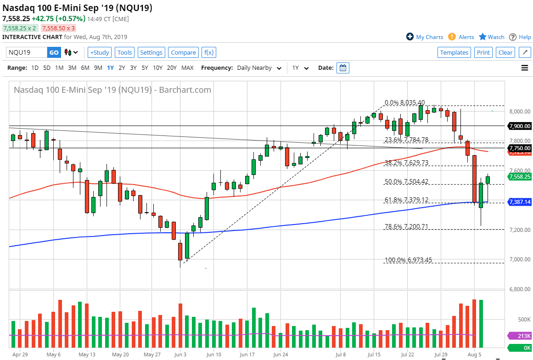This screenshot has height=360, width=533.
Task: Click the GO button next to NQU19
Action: (54, 52)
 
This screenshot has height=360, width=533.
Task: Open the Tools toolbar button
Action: (124, 52)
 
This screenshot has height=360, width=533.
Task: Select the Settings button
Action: (151, 52)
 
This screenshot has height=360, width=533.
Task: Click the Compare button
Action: (183, 52)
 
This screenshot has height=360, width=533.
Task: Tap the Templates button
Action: (454, 52)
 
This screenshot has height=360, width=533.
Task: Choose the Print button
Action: (483, 52)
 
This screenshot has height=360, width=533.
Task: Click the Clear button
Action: (505, 52)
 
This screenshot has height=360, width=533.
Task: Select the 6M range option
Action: (85, 68)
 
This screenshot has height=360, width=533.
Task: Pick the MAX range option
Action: (187, 68)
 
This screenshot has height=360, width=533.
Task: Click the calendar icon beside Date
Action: (343, 68)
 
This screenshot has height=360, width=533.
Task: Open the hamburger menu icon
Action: (525, 68)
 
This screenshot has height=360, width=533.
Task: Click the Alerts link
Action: (466, 37)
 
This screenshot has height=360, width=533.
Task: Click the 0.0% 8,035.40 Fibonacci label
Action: (404, 103)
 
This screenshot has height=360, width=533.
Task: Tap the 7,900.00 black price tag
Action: (520, 126)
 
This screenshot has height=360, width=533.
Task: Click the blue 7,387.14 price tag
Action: (520, 202)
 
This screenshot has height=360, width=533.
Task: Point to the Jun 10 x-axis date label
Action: (213, 354)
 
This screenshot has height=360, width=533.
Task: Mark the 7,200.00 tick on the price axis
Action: (518, 230)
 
